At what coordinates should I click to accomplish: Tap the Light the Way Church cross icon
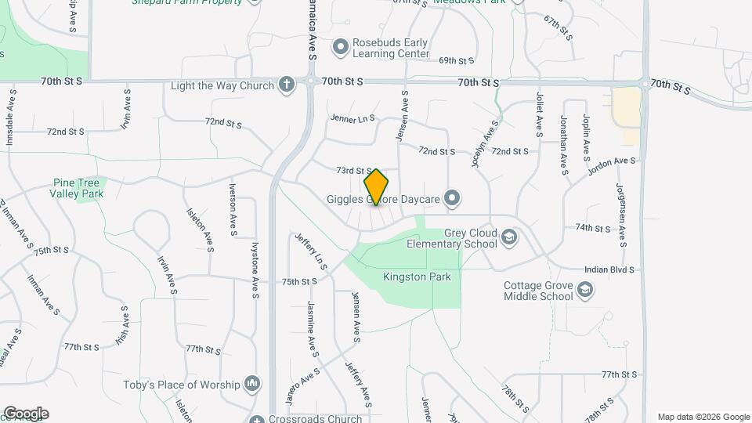tap(287, 85)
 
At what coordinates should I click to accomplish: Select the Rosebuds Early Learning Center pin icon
tap(341, 48)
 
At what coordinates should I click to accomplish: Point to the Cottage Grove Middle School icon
tap(584, 291)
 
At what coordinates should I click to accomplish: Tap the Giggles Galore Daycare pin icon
tap(452, 199)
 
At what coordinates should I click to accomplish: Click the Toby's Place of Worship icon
tap(252, 384)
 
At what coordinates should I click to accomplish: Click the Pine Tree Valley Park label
tap(76, 187)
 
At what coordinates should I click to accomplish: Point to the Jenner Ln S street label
tap(352, 119)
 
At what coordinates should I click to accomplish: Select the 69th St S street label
tap(457, 60)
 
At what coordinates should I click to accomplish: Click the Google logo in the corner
tap(25, 414)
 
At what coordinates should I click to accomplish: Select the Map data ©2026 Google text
tap(703, 417)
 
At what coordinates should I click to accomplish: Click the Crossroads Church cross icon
tap(257, 419)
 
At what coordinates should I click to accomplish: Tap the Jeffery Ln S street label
tap(310, 251)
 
